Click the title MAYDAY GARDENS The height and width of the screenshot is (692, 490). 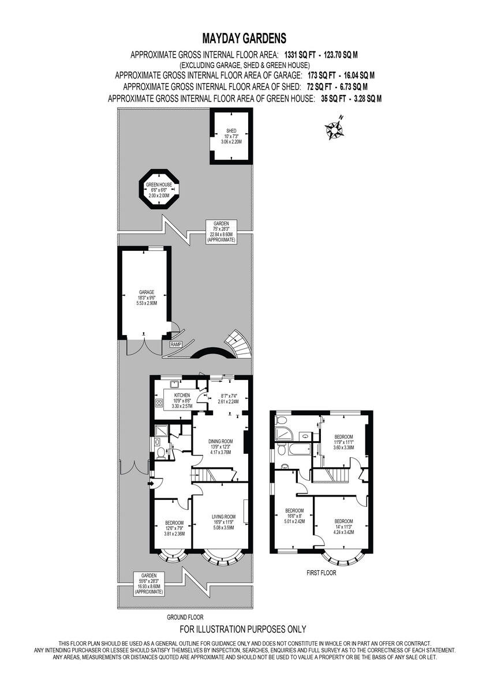point(244,39)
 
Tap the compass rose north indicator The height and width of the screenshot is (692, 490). point(334,129)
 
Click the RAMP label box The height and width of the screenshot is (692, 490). point(176,344)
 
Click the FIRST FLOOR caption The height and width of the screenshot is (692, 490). point(321,574)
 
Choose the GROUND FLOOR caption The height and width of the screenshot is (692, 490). point(185,617)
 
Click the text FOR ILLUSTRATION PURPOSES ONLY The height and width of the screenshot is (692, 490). point(243,629)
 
